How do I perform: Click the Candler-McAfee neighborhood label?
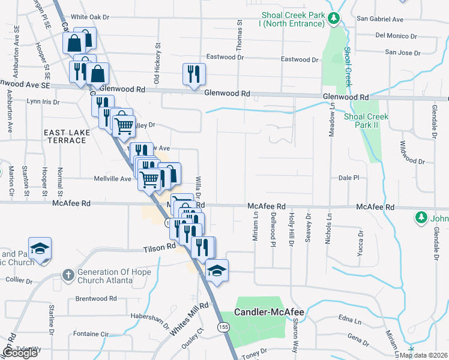262,312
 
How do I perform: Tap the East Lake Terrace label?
65,136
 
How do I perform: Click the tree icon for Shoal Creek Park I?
334,20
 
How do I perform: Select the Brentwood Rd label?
96,298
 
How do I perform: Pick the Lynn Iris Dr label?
43,102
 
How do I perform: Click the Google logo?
19,353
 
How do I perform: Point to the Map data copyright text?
423,355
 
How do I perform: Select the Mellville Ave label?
112,179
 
